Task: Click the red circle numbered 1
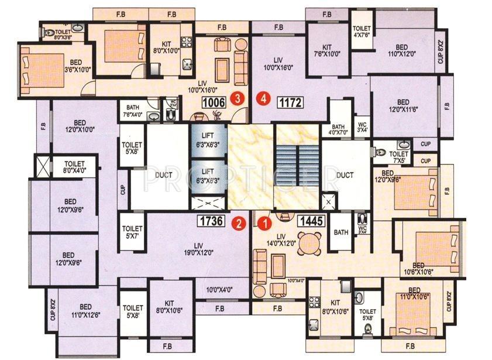pyautogui.click(x=265, y=222)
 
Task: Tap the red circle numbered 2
pyautogui.click(x=238, y=222)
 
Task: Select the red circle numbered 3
pyautogui.click(x=237, y=98)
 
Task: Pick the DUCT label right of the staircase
pyautogui.click(x=346, y=174)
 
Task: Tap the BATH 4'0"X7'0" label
pyautogui.click(x=339, y=130)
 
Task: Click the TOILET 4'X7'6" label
pyautogui.click(x=362, y=32)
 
